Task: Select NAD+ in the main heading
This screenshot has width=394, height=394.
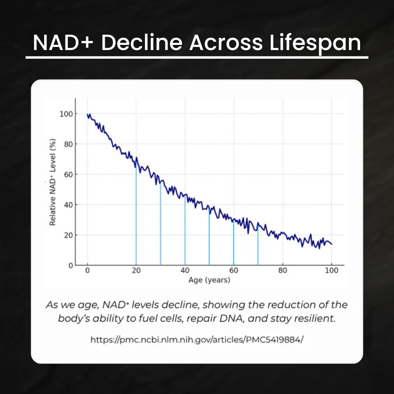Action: (61, 43)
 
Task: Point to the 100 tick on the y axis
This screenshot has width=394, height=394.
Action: (66, 114)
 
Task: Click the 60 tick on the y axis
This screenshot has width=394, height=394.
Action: (68, 174)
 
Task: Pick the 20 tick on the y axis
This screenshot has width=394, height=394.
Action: (68, 235)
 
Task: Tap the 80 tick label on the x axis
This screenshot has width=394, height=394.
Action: (282, 271)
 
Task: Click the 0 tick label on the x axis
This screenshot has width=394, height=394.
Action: (87, 271)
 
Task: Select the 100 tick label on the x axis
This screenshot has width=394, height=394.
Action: (331, 271)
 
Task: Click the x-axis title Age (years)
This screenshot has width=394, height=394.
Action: (209, 280)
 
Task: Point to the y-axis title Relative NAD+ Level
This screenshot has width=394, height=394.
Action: (53, 182)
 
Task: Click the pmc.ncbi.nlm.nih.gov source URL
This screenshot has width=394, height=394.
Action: (197, 340)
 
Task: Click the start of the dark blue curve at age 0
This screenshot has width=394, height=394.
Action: (87, 115)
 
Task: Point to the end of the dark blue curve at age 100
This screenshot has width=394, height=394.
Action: (331, 244)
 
